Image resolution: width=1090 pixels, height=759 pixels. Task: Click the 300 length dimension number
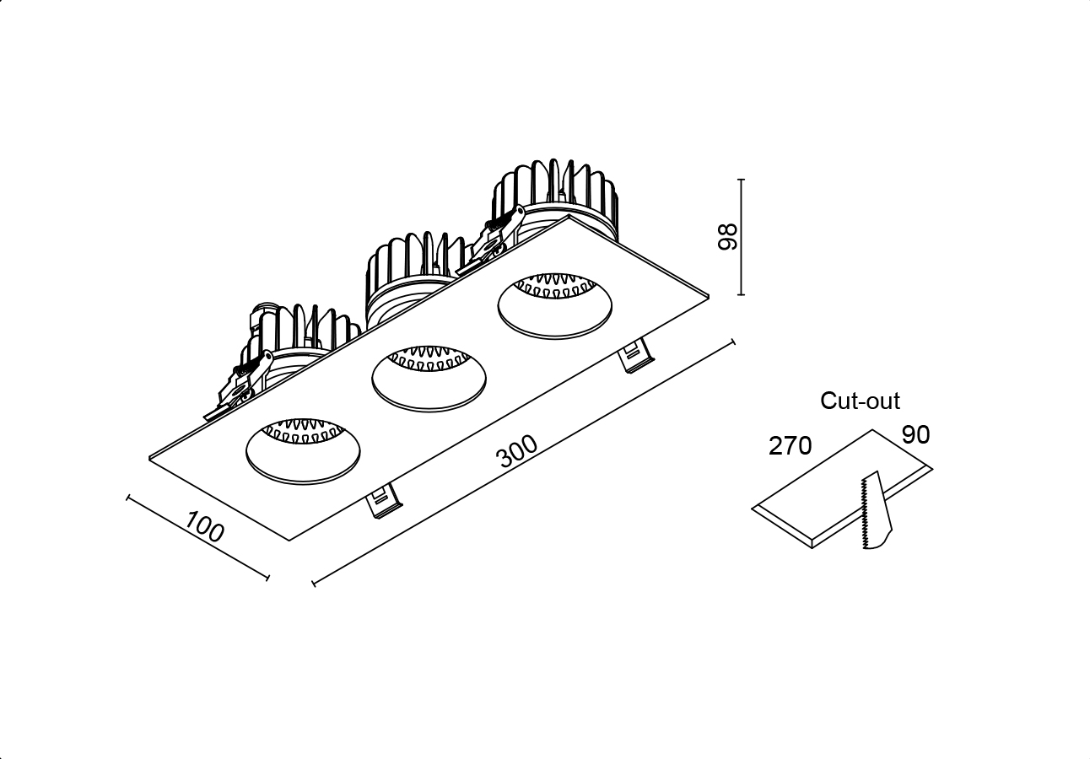coord(517,451)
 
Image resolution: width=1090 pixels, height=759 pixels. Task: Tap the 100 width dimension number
coord(204,526)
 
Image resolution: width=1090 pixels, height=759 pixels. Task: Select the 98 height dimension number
coord(728,237)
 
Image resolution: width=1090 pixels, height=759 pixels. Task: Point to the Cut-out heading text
coord(860,401)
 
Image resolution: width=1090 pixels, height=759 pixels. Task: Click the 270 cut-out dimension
coord(791,445)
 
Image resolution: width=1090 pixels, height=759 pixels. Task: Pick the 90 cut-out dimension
coord(916,434)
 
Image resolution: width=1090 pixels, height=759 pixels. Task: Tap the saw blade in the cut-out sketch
coord(877,510)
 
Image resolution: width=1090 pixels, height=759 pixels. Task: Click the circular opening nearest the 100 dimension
coord(303,451)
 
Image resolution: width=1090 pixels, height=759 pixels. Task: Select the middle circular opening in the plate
coord(429,379)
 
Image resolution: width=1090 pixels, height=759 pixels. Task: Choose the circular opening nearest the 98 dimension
coord(555,306)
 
